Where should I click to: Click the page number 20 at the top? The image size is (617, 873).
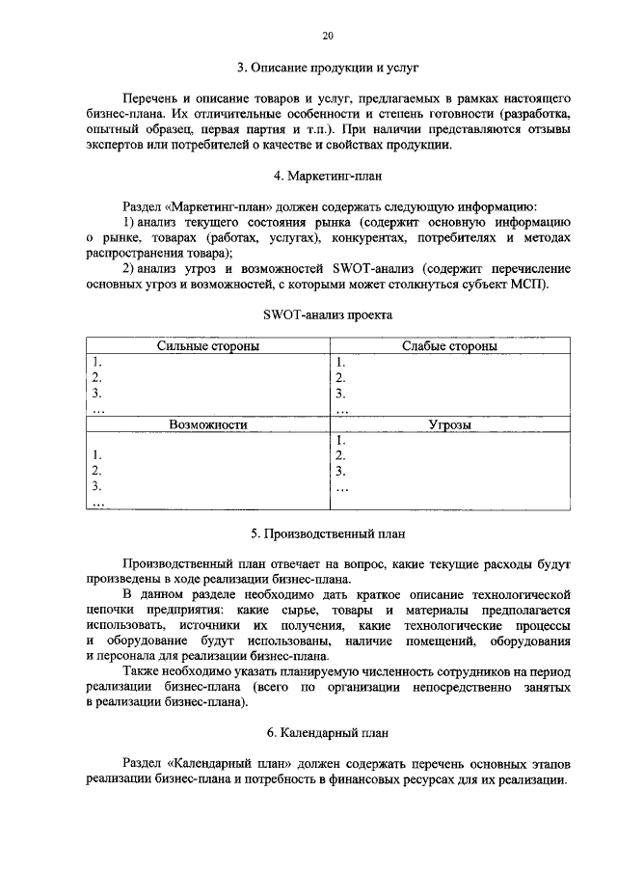(328, 36)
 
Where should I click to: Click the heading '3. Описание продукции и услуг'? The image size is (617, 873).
(328, 68)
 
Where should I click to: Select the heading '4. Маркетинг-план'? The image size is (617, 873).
(328, 176)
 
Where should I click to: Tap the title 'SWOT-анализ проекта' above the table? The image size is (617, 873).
(328, 314)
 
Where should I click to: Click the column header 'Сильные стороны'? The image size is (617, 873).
(206, 346)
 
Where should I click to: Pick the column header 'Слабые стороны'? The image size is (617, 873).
(449, 346)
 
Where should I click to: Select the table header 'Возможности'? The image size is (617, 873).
(206, 423)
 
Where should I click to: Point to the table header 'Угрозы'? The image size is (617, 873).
(449, 423)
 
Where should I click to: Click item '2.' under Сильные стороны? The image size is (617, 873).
(96, 378)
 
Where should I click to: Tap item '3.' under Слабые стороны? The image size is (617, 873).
(340, 394)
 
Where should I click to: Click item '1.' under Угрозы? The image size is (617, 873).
(340, 440)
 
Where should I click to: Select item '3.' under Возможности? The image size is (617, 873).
(96, 486)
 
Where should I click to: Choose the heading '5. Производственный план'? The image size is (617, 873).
(328, 532)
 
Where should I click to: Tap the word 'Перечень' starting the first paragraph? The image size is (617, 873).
(152, 99)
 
